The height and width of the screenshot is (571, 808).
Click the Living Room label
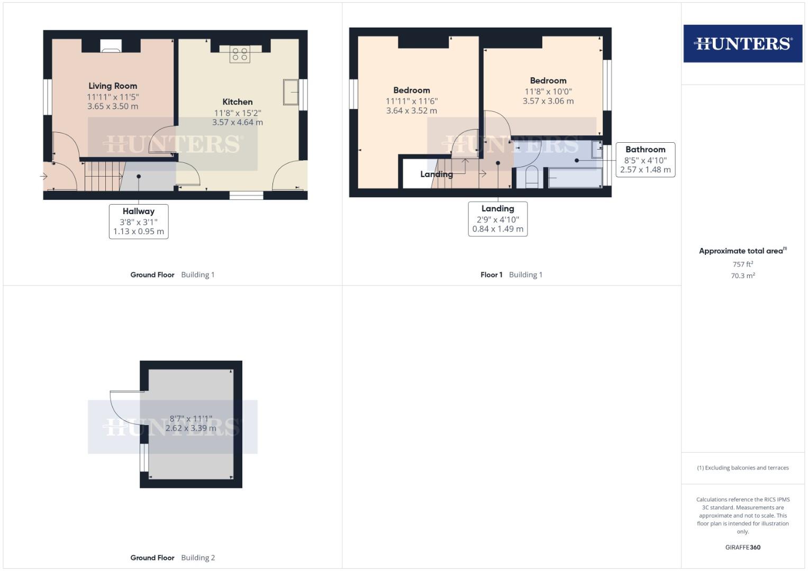click(113, 86)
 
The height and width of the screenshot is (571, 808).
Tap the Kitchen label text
click(238, 102)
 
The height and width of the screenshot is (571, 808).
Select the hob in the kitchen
click(240, 54)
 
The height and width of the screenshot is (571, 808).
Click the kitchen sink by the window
click(290, 92)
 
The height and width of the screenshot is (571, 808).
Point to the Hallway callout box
click(139, 222)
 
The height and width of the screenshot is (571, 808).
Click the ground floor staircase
click(103, 176)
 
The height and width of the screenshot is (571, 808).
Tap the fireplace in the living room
click(111, 47)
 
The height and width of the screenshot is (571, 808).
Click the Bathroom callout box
click(645, 160)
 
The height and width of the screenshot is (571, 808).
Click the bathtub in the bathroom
click(575, 178)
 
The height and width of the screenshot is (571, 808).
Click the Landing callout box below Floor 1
click(497, 219)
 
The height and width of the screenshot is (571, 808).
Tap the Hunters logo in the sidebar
click(742, 43)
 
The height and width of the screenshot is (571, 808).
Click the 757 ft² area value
click(742, 264)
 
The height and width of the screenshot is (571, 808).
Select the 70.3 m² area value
click(742, 275)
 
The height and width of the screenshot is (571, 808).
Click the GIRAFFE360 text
click(742, 547)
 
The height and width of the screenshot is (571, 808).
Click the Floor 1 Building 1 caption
click(511, 274)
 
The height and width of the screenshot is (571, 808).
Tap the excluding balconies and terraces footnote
click(742, 468)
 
